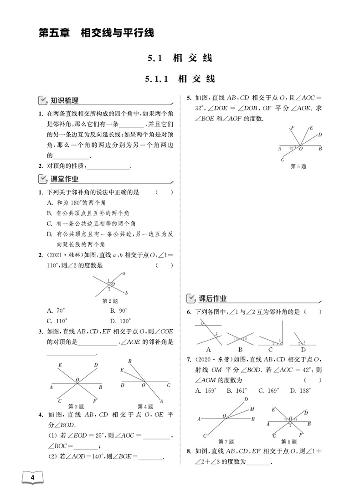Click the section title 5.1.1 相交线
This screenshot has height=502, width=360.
[x=180, y=78]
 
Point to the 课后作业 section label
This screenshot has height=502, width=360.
[x=212, y=299]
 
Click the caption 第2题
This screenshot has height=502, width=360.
[x=109, y=301]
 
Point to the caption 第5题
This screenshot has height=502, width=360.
[x=298, y=166]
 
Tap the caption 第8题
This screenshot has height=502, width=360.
[x=289, y=441]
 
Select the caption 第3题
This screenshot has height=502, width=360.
[x=76, y=406]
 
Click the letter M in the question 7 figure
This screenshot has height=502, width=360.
[x=252, y=409]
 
